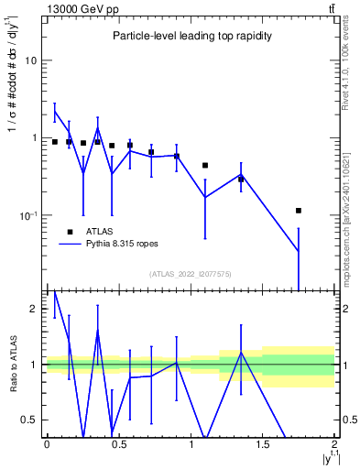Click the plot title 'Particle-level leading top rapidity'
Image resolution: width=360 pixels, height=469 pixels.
[x=190, y=36]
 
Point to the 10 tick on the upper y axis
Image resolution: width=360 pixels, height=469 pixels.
[x=30, y=60]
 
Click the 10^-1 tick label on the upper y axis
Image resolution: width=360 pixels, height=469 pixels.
[x=27, y=216]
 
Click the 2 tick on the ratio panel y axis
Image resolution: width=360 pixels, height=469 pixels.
[x=32, y=310]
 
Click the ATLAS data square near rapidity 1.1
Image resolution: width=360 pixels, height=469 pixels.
[x=205, y=166]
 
